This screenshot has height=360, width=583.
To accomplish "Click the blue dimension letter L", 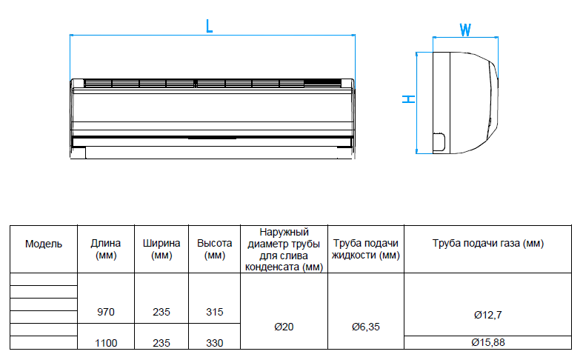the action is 210,26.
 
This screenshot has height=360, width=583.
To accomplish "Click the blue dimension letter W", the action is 465,30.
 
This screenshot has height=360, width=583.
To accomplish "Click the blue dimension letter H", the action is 409,99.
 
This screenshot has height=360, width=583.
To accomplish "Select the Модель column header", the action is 44,244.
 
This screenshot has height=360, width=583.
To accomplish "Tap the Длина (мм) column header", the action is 106,249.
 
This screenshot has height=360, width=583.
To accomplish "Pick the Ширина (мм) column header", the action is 161,249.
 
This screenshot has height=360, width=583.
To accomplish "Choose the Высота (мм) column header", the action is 215,249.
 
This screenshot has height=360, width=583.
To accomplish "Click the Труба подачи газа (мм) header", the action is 488,244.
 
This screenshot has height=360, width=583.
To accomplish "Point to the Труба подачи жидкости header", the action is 366,249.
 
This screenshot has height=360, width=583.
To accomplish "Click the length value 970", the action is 106,312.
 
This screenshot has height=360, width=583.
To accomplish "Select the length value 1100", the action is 106,343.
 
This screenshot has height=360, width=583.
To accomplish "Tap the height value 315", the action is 215,312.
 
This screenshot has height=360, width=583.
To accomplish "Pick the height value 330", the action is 215,343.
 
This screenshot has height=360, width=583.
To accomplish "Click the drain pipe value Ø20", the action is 284,327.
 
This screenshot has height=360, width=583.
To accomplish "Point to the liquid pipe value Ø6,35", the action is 366,327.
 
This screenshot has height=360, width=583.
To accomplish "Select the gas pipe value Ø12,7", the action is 488,315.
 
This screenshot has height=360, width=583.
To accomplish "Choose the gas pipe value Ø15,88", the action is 488,342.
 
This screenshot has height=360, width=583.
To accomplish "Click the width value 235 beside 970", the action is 161,312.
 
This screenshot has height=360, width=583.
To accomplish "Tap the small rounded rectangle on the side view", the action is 439,142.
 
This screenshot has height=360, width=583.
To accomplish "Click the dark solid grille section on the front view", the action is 323,83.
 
